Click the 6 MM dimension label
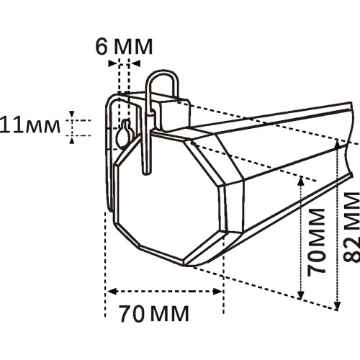pos(124,46)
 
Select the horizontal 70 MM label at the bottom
pos(154,314)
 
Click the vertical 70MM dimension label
pos(316,243)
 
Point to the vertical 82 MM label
pos(351,227)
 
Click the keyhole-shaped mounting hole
pos(125,134)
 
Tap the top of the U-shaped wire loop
pos(163,72)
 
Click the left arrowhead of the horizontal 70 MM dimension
pos(112,292)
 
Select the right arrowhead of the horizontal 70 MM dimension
pos(217,292)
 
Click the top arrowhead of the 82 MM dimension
pos(337,143)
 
